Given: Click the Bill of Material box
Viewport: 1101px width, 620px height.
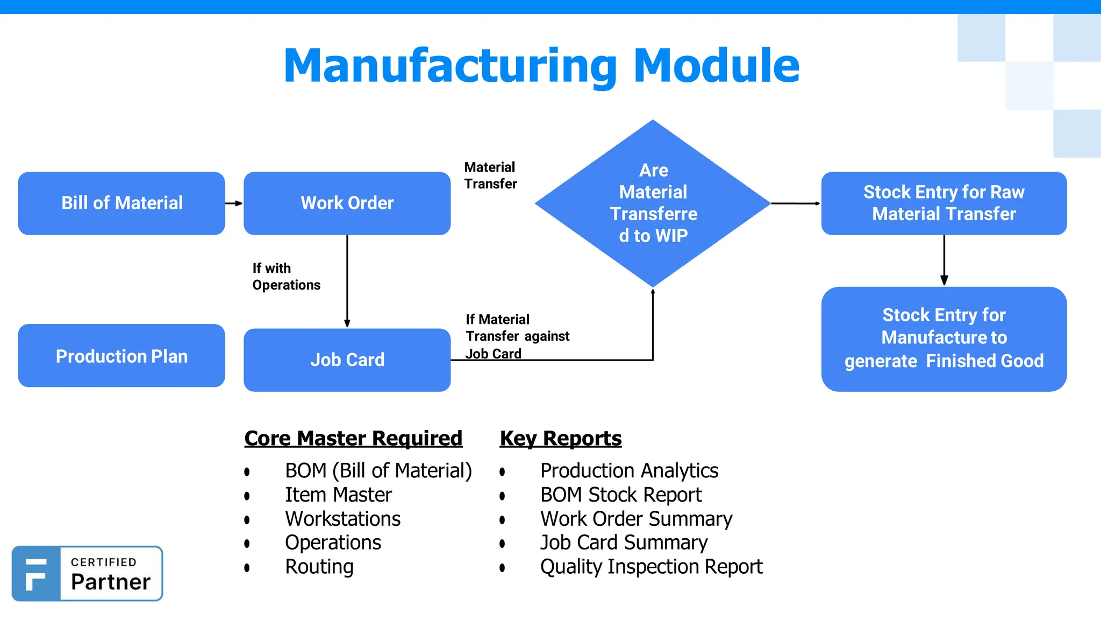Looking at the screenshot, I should point(121,203).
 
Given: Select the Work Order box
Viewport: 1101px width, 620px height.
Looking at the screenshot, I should point(347,203).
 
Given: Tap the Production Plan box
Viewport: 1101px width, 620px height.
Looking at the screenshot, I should point(121,355).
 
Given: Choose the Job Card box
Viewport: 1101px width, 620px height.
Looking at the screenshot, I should point(347,360).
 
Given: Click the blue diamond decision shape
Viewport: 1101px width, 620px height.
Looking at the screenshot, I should point(653,203).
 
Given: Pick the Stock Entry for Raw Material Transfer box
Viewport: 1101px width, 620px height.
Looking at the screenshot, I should point(943,203).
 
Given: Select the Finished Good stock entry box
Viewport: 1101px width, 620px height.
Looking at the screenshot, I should point(943,339).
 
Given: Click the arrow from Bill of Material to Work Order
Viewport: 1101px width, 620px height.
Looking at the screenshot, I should point(234,203).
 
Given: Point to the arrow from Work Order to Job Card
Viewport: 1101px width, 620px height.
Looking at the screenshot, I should point(347,280).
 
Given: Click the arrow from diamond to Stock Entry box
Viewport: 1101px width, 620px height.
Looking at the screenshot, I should point(796,203).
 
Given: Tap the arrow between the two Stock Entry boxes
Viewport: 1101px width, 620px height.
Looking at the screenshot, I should point(944,260).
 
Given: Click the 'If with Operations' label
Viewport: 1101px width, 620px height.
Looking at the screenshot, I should point(286,277).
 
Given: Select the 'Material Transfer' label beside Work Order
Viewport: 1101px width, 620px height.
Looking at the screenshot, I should point(490,175).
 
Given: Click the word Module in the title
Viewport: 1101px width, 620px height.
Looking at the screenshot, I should point(717,66).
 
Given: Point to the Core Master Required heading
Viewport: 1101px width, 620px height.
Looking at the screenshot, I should point(353,438).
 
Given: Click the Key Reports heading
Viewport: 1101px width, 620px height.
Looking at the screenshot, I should point(560,438).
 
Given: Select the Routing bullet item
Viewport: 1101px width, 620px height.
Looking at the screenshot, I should point(319,567).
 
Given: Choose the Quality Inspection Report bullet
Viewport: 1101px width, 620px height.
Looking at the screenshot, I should point(651,567).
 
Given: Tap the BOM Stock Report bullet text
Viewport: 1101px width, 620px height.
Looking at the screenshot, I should point(621,495).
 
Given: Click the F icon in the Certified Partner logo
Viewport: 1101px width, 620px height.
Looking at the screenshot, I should point(36,574).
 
